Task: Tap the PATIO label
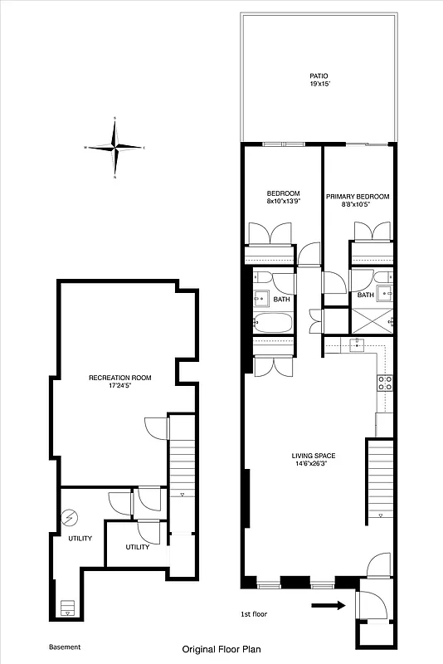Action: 319,75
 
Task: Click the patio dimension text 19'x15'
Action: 319,84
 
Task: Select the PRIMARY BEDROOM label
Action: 358,197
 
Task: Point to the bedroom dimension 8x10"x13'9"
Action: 283,201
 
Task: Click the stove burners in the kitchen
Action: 385,383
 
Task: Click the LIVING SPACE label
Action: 313,455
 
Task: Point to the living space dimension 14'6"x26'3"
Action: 313,464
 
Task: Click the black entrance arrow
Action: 328,606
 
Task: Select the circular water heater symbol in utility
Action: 70,518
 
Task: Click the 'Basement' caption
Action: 65,647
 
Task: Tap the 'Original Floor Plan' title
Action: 221,652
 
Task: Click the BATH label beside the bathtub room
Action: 281,300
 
